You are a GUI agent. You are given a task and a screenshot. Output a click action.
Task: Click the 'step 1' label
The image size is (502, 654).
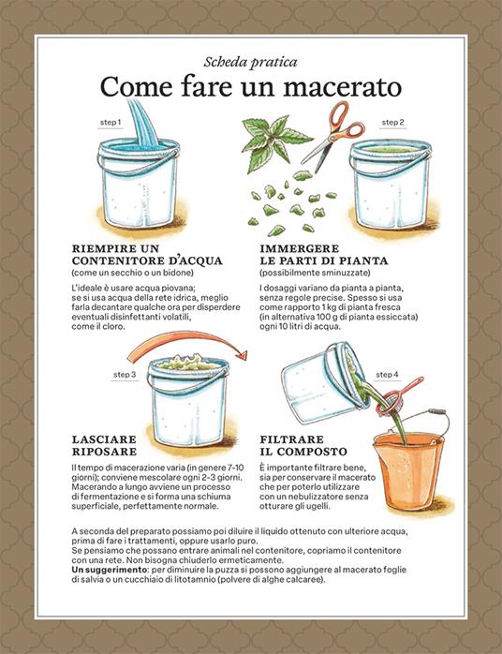point(111,123)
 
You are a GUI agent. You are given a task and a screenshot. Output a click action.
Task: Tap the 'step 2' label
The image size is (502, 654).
point(392,123)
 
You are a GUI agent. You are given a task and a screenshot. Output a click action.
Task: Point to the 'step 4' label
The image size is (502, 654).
point(387,375)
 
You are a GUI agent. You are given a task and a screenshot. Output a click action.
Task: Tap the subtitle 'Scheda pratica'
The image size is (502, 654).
point(250,61)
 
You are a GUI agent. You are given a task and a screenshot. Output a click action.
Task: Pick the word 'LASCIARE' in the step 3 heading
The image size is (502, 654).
point(106,438)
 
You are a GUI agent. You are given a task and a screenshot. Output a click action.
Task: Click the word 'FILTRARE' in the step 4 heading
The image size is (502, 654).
point(293,438)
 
